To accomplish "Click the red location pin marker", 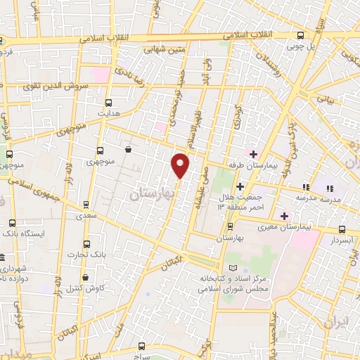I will [181, 166].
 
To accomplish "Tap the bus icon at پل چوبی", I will [301, 35].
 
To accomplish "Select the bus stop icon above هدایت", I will [108, 102].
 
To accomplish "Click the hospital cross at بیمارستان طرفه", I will [253, 154].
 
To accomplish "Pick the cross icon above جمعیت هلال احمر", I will [240, 186].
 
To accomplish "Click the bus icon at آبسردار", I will [342, 229].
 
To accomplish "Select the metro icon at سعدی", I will [86, 206].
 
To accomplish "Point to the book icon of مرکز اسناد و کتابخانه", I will [234, 269].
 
